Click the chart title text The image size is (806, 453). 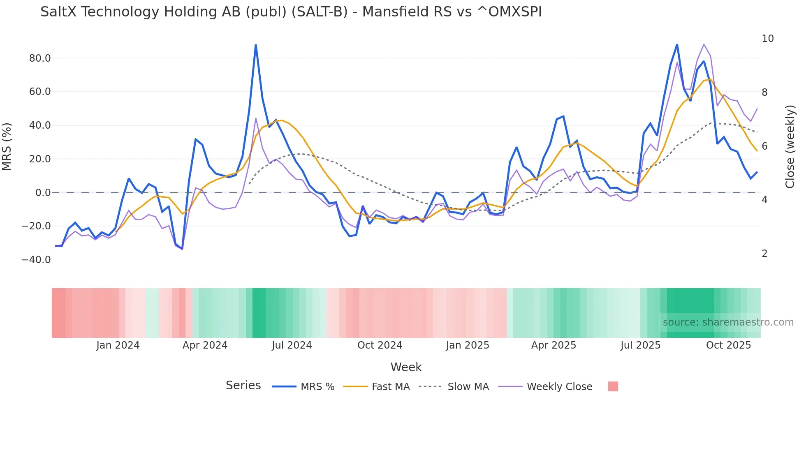[291, 12]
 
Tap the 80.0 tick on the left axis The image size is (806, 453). [40, 58]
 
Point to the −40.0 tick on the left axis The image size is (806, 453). [36, 260]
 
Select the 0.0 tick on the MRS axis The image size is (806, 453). [43, 193]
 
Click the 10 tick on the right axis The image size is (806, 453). [767, 39]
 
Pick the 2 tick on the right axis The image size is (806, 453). [764, 254]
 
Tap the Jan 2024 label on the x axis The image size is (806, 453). [118, 345]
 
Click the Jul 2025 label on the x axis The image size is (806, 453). [640, 345]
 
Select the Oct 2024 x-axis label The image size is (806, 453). [380, 345]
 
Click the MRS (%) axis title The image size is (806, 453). [7, 146]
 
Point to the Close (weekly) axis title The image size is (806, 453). [790, 146]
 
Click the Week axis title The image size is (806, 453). [406, 367]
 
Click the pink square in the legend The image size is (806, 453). [613, 386]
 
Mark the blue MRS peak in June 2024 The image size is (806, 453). [256, 45]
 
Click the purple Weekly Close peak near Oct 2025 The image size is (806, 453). [704, 44]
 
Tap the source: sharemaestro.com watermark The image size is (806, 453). [728, 322]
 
